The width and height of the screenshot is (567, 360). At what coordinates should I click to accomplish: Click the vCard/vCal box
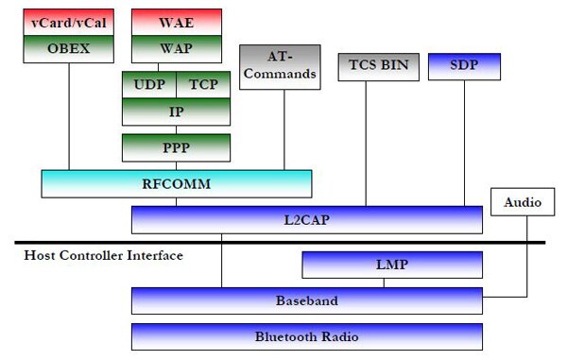click(x=68, y=21)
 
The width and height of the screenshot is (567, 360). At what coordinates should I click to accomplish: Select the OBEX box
click(x=68, y=47)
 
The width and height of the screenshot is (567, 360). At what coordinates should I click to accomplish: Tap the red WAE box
click(x=176, y=21)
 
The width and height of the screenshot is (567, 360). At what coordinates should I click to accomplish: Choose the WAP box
click(x=176, y=47)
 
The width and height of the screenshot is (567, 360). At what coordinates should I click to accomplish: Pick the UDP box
click(x=149, y=84)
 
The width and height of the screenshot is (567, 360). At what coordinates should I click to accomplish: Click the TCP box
click(x=203, y=84)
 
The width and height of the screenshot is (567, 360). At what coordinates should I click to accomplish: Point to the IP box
click(x=176, y=111)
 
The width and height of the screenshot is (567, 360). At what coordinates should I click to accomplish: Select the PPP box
click(x=176, y=147)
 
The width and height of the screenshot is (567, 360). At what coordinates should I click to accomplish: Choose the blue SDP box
click(x=464, y=67)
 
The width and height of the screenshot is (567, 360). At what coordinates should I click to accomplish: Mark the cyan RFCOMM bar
click(x=176, y=183)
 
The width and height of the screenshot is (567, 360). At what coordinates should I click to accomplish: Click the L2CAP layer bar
click(x=306, y=220)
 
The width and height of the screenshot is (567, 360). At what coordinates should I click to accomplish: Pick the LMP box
click(x=391, y=265)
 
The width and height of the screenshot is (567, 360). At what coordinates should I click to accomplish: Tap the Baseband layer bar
click(x=306, y=300)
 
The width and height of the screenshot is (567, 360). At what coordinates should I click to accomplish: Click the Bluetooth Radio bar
click(x=306, y=336)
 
